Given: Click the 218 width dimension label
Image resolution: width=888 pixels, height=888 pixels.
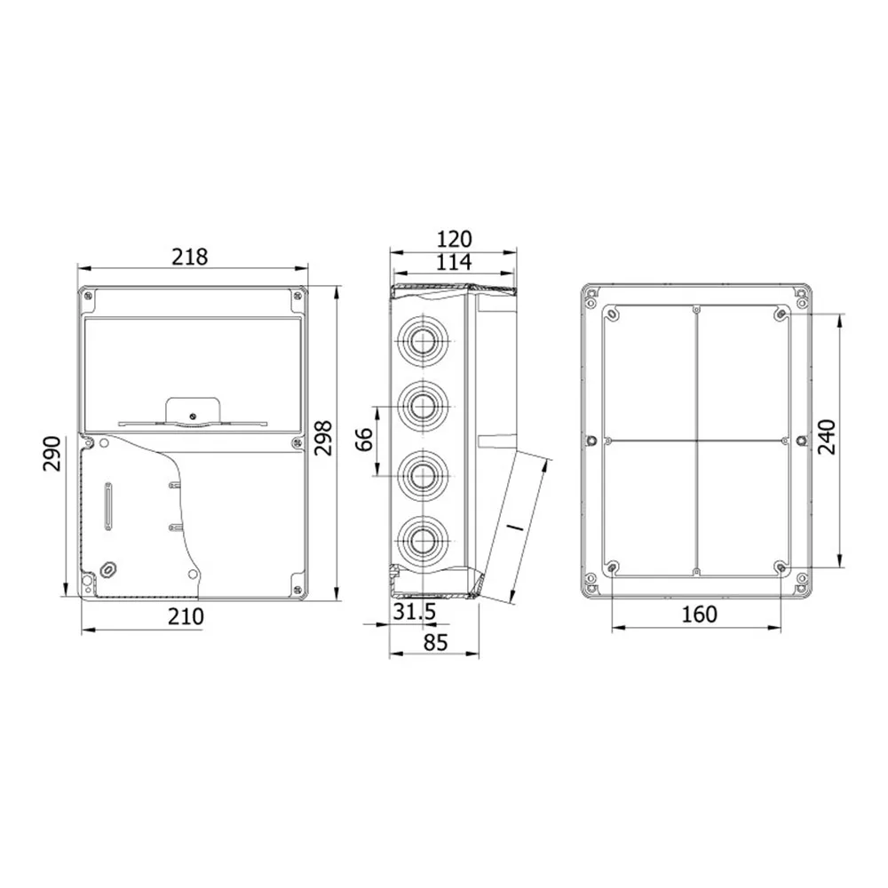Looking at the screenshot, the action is (x=190, y=258).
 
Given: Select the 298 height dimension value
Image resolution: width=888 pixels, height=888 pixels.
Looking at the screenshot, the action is (x=323, y=438).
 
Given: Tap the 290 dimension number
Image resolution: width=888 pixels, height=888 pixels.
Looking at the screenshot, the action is (x=52, y=453).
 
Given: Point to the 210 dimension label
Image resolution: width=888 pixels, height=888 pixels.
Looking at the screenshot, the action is (x=186, y=616).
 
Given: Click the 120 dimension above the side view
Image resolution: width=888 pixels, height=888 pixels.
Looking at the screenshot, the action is (x=454, y=239).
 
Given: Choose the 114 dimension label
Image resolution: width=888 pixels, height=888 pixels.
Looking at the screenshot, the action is (x=454, y=262).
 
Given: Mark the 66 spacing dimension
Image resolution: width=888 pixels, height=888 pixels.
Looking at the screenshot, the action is (x=363, y=440).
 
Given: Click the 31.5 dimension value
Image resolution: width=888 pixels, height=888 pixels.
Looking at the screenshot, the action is (x=414, y=612).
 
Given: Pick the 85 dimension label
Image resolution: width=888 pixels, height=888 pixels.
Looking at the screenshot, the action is (x=435, y=642).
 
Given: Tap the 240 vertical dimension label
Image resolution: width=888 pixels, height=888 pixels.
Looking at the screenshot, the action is (x=828, y=437).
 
